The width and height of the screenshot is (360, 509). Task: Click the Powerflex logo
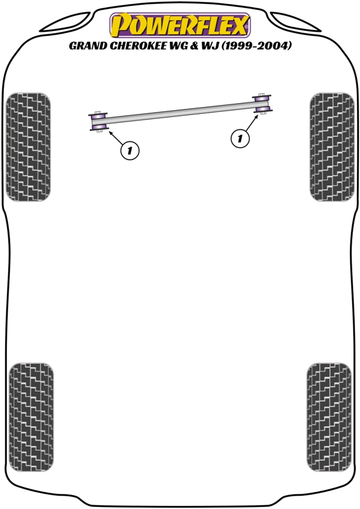[x=180, y=25]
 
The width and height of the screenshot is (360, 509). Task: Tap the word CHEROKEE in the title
[x=137, y=46]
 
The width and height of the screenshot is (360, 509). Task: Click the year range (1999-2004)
[x=257, y=46]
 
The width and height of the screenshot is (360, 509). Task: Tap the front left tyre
[x=28, y=147]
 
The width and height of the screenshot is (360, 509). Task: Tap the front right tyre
[x=332, y=147]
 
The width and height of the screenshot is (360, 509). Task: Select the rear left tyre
[x=31, y=417]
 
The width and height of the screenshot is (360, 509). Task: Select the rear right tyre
[x=329, y=417]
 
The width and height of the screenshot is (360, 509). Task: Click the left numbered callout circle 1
[x=130, y=151]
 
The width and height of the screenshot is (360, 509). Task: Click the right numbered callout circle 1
[x=240, y=139]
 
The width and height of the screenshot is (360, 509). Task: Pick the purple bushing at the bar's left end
[x=99, y=122]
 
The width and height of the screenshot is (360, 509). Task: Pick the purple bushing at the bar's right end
[x=262, y=103]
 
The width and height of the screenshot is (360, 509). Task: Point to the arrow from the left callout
[x=115, y=137]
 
